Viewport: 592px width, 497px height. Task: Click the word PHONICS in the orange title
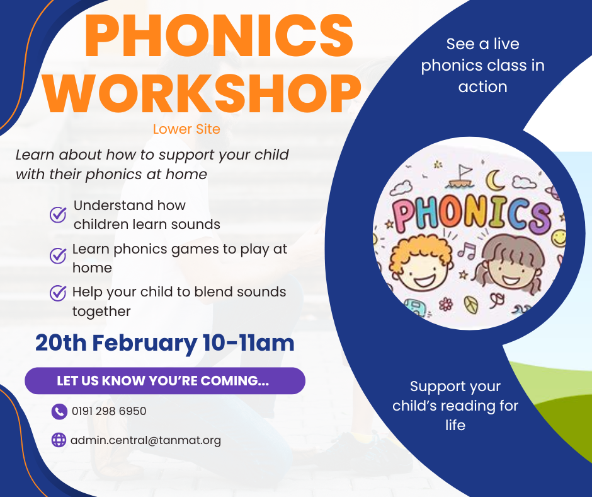pyautogui.click(x=219, y=35)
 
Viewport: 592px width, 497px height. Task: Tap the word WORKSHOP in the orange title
pyautogui.click(x=202, y=93)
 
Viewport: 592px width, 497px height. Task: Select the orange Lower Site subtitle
pyautogui.click(x=186, y=129)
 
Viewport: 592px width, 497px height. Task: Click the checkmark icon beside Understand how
pyautogui.click(x=58, y=214)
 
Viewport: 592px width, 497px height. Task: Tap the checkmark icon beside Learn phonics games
pyautogui.click(x=58, y=255)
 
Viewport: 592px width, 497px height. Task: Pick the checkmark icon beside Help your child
pyautogui.click(x=58, y=293)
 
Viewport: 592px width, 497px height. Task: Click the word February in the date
pyautogui.click(x=144, y=344)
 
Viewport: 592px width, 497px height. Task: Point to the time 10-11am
pyautogui.click(x=248, y=343)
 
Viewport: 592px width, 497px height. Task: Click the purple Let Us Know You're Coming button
pyautogui.click(x=165, y=380)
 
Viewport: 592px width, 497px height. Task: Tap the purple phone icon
pyautogui.click(x=59, y=411)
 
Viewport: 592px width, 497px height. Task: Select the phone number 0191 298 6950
pyautogui.click(x=109, y=411)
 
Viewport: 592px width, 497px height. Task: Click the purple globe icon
pyautogui.click(x=59, y=440)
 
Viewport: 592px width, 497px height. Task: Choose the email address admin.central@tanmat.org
pyautogui.click(x=145, y=441)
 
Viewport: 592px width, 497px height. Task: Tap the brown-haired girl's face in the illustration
pyautogui.click(x=511, y=265)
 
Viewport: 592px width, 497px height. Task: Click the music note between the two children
pyautogui.click(x=467, y=251)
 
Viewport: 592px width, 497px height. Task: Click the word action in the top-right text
pyautogui.click(x=482, y=87)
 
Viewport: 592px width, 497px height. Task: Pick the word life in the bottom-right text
pyautogui.click(x=455, y=425)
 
